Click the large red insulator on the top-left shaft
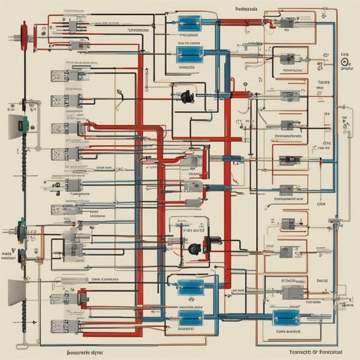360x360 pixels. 24,35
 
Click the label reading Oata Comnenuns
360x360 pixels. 105,279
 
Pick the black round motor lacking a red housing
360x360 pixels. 186,95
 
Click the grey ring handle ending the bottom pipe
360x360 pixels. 20,347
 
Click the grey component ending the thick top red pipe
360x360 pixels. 286,23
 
